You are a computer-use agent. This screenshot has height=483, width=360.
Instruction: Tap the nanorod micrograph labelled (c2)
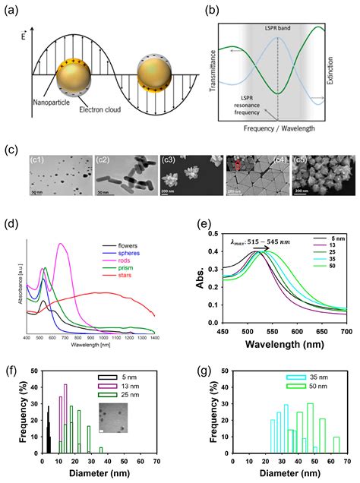(x=125, y=157)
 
